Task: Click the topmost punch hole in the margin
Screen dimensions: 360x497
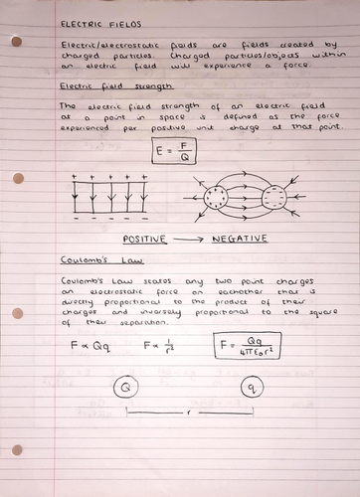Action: (17, 41)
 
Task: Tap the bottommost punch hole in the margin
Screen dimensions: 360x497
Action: (17, 450)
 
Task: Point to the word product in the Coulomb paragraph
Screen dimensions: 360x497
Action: (225, 295)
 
